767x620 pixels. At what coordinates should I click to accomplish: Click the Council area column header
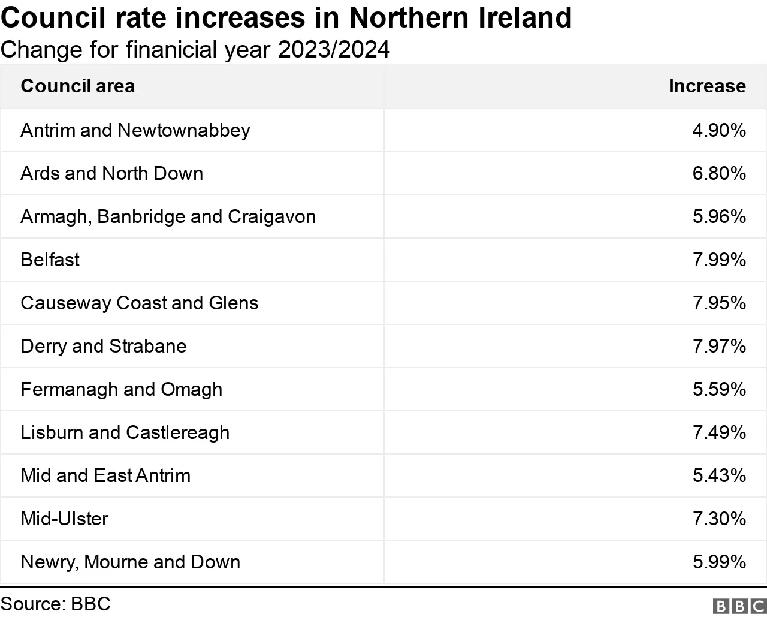(x=77, y=86)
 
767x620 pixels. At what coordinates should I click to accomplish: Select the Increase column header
(x=707, y=86)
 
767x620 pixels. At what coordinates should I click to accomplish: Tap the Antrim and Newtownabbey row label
(x=135, y=130)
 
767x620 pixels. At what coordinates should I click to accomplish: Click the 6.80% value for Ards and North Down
(x=719, y=173)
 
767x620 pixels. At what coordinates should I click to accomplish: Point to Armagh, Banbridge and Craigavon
(x=168, y=216)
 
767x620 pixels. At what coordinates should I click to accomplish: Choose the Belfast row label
(x=50, y=260)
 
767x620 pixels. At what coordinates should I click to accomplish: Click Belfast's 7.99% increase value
(x=719, y=260)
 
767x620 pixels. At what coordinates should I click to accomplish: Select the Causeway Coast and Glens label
(x=139, y=303)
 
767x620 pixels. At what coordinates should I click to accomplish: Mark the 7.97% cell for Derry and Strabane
(x=719, y=346)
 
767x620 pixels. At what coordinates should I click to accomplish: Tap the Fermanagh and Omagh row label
(x=121, y=389)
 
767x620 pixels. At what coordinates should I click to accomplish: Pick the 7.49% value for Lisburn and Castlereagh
(x=719, y=432)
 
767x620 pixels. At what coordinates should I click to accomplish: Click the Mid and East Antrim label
(x=105, y=475)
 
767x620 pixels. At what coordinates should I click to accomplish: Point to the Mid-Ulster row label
(x=64, y=519)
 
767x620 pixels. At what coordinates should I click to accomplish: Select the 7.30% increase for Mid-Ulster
(x=719, y=519)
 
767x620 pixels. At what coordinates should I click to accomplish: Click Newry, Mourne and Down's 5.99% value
(x=719, y=562)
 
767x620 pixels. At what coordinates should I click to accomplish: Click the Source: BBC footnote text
(x=55, y=603)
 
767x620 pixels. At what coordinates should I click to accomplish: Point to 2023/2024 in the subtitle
(x=334, y=50)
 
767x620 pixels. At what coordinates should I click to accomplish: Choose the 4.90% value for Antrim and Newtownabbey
(x=719, y=130)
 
